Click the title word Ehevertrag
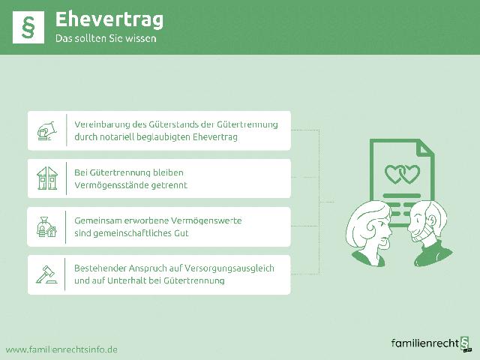109,18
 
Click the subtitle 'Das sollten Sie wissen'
106,38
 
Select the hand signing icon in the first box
46,131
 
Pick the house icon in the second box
46,178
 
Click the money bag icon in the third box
46,226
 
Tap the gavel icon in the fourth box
46,274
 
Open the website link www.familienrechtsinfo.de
61,349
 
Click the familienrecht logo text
424,343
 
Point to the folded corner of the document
425,146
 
